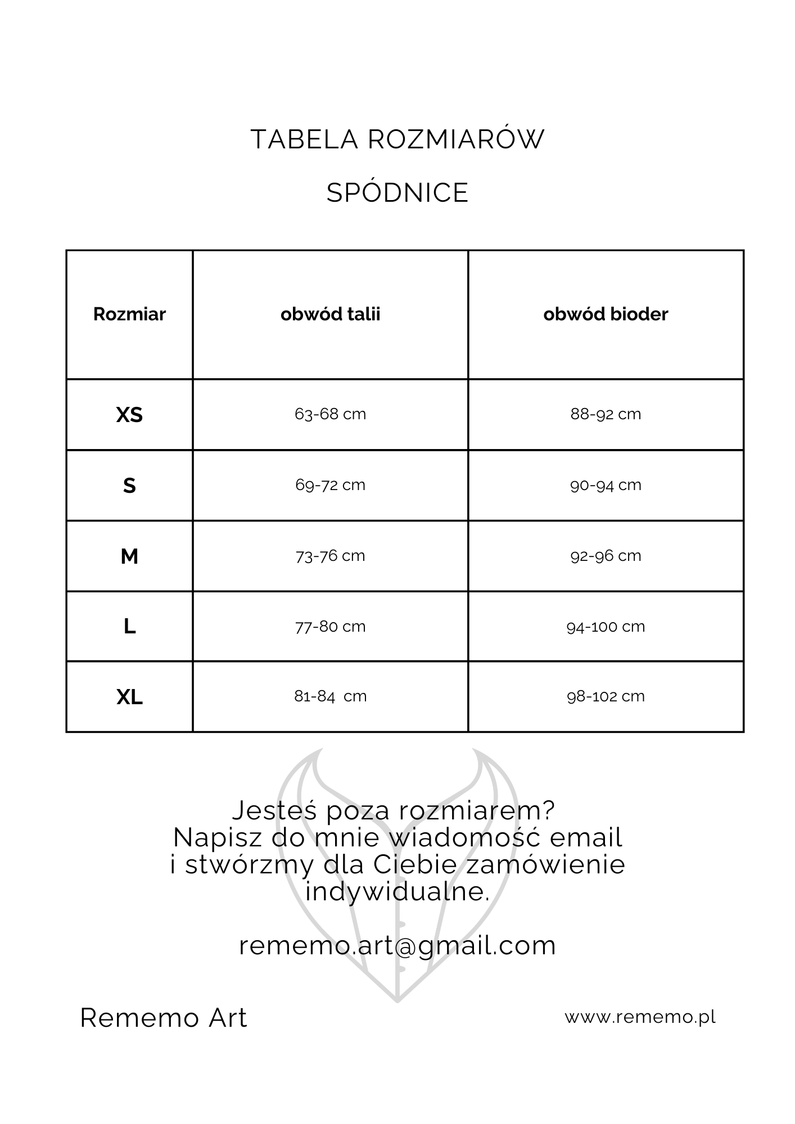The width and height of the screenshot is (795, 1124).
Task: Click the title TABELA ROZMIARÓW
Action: (397, 139)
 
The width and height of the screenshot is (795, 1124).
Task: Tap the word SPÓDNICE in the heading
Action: (397, 193)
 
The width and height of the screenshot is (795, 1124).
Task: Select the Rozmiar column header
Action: (129, 314)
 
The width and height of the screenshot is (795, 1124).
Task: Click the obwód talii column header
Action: (330, 314)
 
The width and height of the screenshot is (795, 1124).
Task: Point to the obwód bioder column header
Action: (606, 314)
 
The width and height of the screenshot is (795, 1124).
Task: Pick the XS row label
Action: (129, 415)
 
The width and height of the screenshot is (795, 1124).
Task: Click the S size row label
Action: (129, 486)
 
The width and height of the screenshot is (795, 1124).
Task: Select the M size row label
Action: (129, 556)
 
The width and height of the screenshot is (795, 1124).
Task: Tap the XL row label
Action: (129, 697)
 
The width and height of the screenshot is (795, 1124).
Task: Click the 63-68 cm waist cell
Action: (330, 414)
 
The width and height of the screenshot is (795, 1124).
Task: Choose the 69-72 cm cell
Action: (330, 485)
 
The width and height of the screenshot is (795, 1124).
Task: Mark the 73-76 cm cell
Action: (330, 556)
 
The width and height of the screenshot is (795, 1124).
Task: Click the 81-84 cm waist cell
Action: (330, 696)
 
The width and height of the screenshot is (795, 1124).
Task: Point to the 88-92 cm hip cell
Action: (606, 414)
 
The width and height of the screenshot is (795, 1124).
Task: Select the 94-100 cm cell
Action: (606, 627)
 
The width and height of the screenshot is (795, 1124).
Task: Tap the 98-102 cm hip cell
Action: (606, 696)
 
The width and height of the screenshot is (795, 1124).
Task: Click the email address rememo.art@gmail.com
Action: (397, 945)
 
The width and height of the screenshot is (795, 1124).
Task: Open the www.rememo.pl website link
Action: (640, 1017)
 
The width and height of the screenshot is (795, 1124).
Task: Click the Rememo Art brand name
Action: (164, 1018)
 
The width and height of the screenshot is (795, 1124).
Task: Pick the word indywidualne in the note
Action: (397, 891)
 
